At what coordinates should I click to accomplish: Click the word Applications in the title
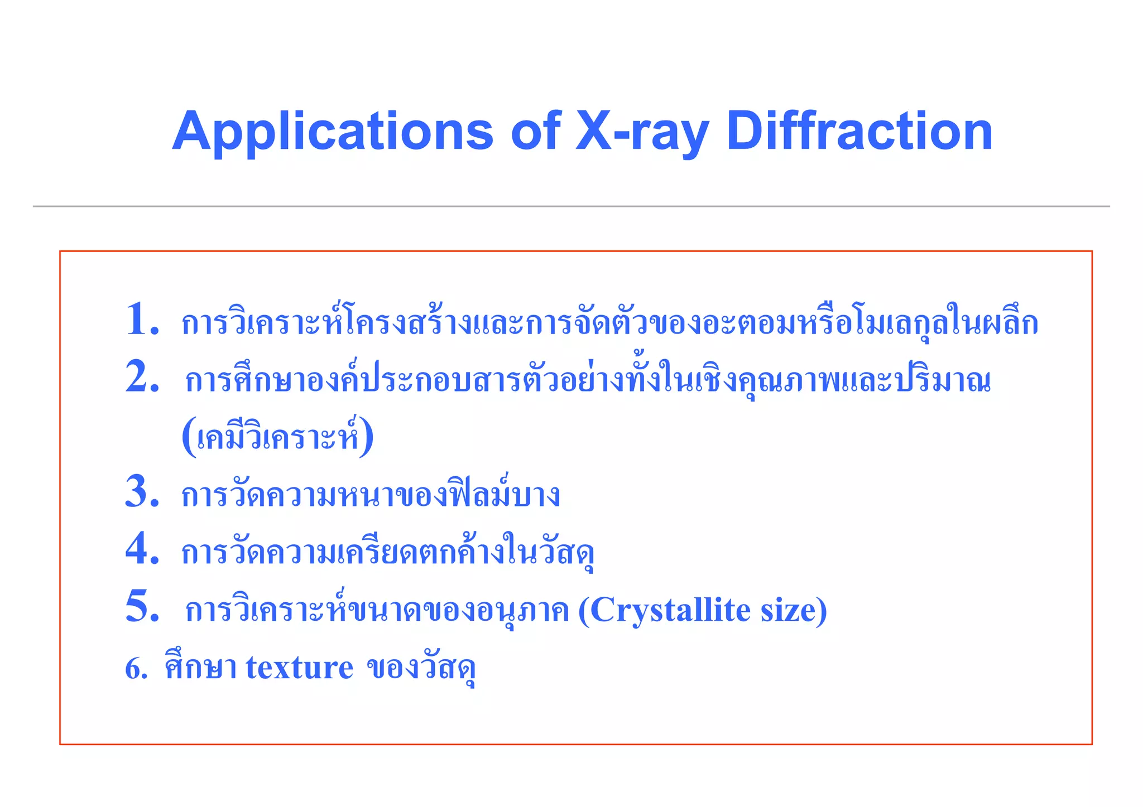pos(333,132)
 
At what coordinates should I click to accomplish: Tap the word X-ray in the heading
pos(642,132)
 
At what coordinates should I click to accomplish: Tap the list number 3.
pos(142,492)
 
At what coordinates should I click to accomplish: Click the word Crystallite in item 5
pos(670,610)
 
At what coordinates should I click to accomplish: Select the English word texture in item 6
pos(299,668)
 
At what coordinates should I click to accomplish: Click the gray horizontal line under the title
pos(571,206)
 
